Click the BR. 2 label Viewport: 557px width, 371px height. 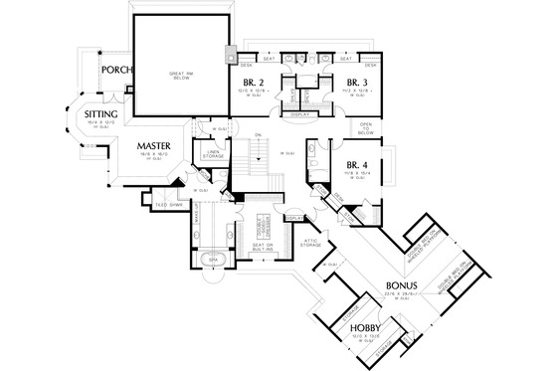pos(253,83)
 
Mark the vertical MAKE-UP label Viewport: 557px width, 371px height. pos(198,218)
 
